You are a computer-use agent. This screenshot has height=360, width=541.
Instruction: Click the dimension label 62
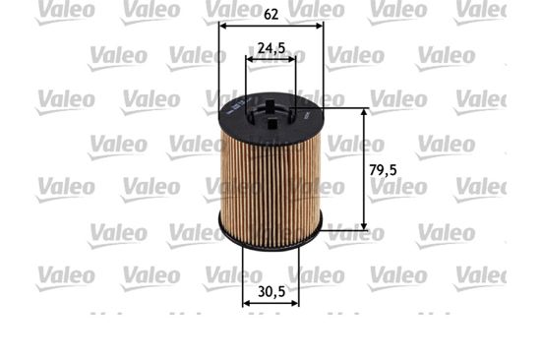point(270,14)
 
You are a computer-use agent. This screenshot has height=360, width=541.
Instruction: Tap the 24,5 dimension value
point(271,48)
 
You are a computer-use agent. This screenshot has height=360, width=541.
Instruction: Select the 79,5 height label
point(383,170)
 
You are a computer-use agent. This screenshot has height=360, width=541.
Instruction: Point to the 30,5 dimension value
point(271,292)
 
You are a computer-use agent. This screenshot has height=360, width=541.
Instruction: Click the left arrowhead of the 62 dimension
point(223,26)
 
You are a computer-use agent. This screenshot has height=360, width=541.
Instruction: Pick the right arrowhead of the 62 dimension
point(320,26)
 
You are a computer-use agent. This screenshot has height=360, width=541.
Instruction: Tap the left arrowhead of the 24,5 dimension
point(249,59)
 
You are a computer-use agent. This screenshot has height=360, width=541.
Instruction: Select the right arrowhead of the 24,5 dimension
point(292,59)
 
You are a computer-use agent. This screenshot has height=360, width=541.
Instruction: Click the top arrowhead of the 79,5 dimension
point(364,112)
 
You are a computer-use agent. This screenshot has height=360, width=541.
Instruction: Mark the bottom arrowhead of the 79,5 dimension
point(364,225)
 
